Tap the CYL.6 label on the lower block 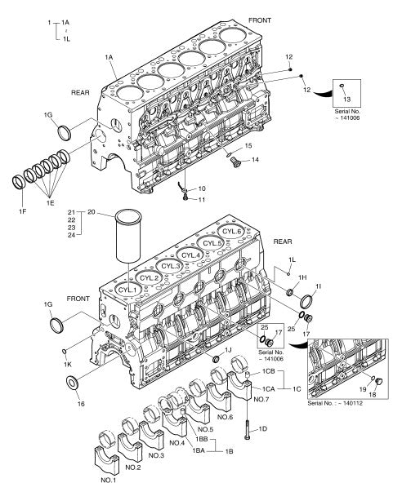tap(232, 232)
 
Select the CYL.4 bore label tap(190, 255)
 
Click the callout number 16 tap(81, 404)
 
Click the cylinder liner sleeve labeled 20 tap(128, 236)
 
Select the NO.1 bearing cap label tap(109, 480)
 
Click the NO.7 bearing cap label tap(261, 400)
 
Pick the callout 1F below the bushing tap(22, 211)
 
